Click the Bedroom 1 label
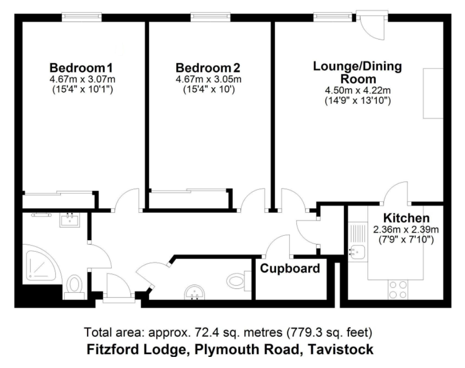click(x=81, y=68)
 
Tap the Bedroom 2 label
click(x=208, y=68)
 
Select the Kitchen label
click(x=406, y=218)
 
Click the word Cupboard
click(x=290, y=269)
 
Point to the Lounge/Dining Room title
click(x=358, y=72)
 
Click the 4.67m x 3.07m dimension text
click(x=82, y=80)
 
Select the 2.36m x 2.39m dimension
click(x=406, y=230)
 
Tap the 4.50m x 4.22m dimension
click(x=358, y=90)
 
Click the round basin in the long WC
click(x=194, y=292)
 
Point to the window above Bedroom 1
click(x=81, y=17)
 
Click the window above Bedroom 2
click(x=210, y=17)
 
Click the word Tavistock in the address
click(x=341, y=349)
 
